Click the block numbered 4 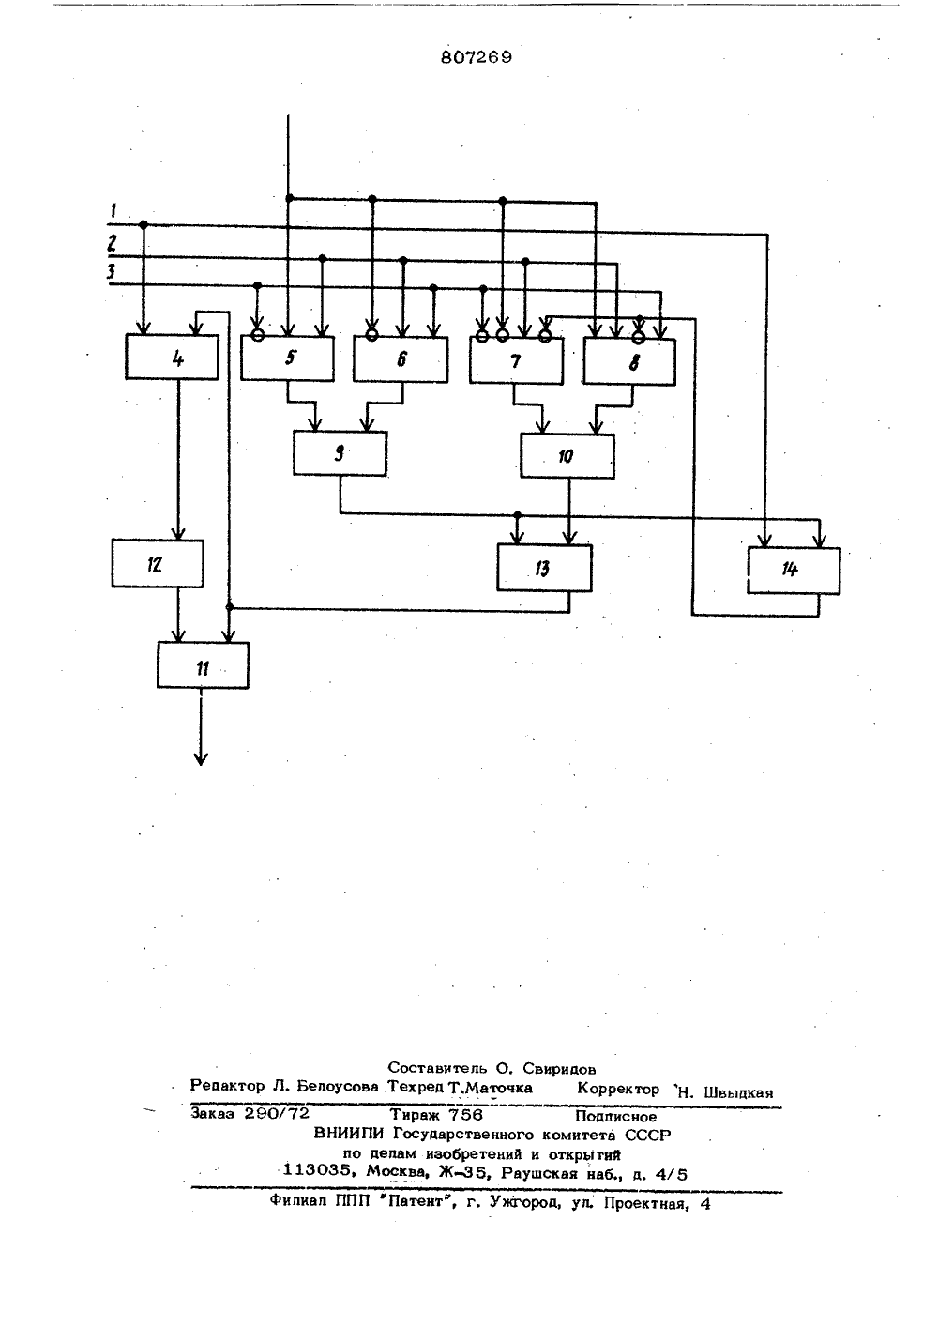click(172, 357)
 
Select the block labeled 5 click(287, 358)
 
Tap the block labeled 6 click(401, 359)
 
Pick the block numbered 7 click(517, 360)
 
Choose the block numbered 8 click(629, 362)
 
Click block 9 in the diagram click(340, 453)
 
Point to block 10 click(567, 456)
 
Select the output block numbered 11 click(204, 665)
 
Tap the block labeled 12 click(158, 563)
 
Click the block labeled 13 click(544, 568)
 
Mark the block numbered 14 click(794, 571)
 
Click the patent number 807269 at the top click(477, 57)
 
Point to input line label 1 click(113, 210)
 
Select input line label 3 click(111, 272)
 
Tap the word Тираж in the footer click(414, 1114)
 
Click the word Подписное click(616, 1117)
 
